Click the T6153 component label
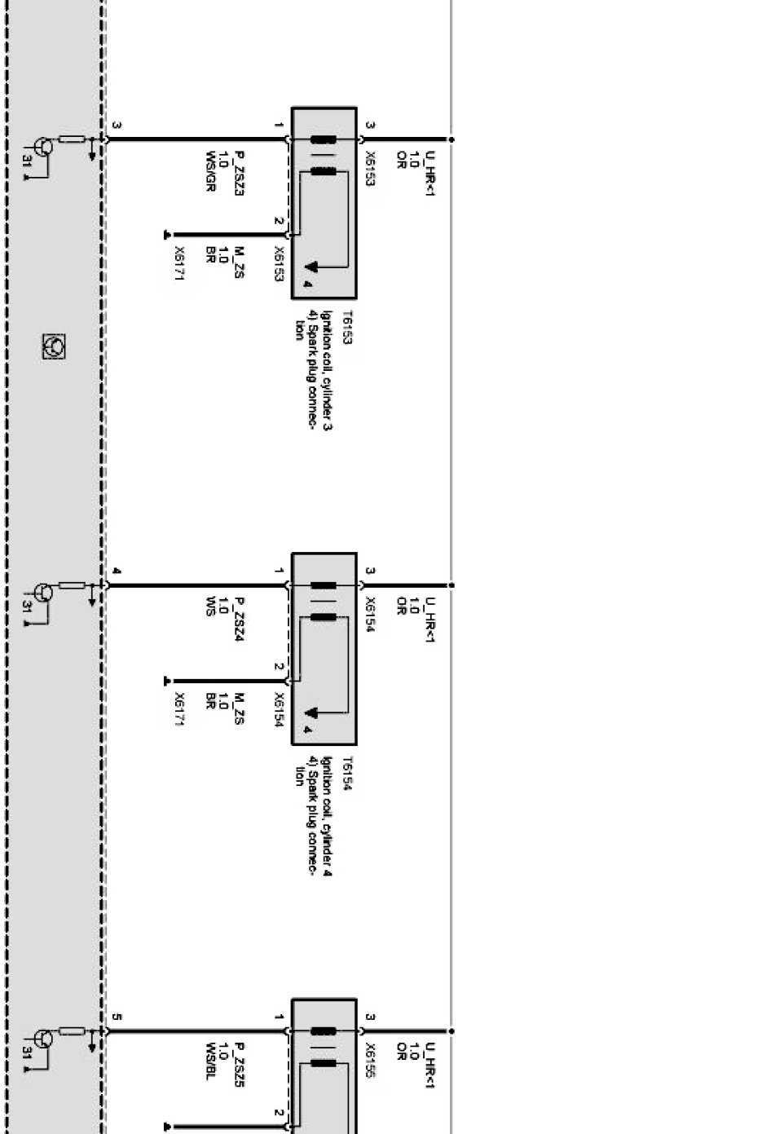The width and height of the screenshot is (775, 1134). (x=346, y=327)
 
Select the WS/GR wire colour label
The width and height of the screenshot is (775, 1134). (x=210, y=171)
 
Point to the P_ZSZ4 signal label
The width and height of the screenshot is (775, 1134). (x=239, y=619)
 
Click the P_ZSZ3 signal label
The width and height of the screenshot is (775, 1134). (x=239, y=173)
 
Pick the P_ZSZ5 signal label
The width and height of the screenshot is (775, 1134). (x=239, y=1065)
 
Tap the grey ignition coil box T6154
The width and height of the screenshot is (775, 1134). (x=324, y=648)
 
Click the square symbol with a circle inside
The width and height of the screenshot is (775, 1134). (x=54, y=346)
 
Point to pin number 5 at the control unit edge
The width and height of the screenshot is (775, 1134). (x=117, y=1017)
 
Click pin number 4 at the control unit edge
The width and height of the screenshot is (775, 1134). (x=117, y=571)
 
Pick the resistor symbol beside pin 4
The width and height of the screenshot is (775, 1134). (x=72, y=585)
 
